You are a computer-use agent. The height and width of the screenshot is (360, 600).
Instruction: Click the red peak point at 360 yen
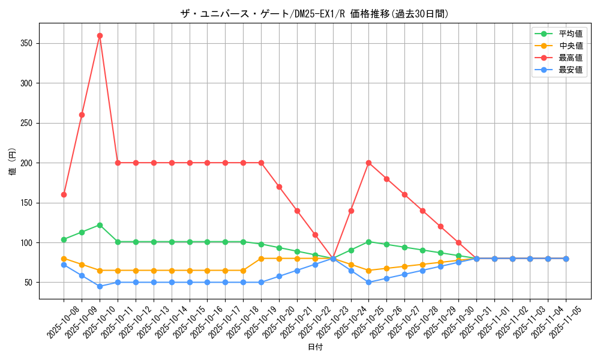tap(100, 35)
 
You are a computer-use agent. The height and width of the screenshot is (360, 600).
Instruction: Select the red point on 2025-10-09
tap(82, 115)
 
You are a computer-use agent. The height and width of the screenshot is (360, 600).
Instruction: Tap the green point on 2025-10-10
tap(100, 225)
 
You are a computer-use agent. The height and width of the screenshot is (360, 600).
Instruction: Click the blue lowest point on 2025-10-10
tap(100, 286)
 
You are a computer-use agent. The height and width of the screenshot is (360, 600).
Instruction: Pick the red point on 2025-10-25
tap(368, 163)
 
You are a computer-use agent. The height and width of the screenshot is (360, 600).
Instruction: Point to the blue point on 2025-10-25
tap(368, 283)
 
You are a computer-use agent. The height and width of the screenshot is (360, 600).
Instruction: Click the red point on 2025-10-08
tap(64, 194)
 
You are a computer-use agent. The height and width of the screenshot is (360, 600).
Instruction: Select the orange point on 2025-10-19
tap(261, 259)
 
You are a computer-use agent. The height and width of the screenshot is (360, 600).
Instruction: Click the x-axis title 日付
tap(315, 347)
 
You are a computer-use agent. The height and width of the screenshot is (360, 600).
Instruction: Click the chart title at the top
tap(314, 14)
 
